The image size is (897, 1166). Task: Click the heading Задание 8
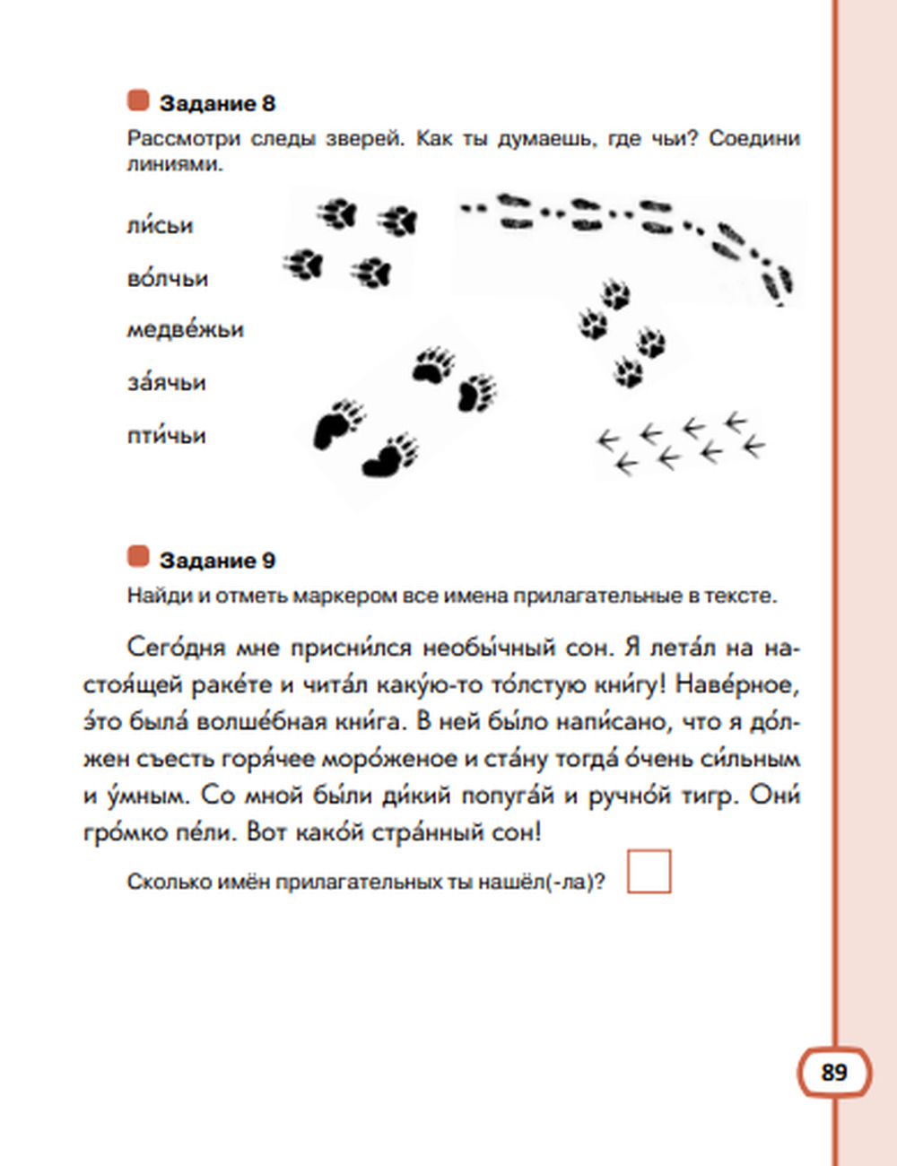pyautogui.click(x=217, y=103)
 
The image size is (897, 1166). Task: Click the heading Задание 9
pyautogui.click(x=217, y=561)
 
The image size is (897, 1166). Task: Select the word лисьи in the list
pyautogui.click(x=160, y=225)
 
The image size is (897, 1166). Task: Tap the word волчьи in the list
pyautogui.click(x=167, y=278)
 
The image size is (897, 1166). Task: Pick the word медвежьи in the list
pyautogui.click(x=185, y=330)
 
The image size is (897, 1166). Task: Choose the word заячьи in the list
pyautogui.click(x=166, y=383)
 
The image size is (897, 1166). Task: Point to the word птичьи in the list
pyautogui.click(x=166, y=436)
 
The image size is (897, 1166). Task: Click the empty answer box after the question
pyautogui.click(x=649, y=872)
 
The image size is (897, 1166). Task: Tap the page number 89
pyautogui.click(x=833, y=1073)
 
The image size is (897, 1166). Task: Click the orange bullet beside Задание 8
pyautogui.click(x=138, y=100)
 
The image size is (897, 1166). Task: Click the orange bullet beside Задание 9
pyautogui.click(x=138, y=557)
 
